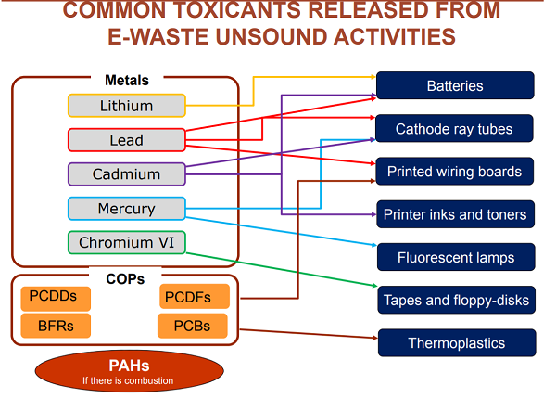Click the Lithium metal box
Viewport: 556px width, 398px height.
click(x=127, y=105)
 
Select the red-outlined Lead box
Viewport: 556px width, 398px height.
click(x=127, y=140)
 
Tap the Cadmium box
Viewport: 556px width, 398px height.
click(x=127, y=173)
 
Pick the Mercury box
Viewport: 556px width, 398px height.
click(x=127, y=208)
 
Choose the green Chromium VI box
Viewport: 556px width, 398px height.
click(x=127, y=243)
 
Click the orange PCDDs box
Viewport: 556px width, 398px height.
click(x=56, y=298)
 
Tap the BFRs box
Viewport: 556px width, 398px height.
click(x=56, y=326)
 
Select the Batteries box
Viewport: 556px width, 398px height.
click(x=455, y=85)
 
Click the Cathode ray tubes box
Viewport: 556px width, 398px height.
click(x=455, y=129)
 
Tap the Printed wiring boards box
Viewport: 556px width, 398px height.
click(x=455, y=172)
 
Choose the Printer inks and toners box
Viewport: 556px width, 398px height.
click(x=455, y=214)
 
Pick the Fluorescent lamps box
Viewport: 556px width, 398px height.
click(x=455, y=257)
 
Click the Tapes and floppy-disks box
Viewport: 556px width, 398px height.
click(x=455, y=300)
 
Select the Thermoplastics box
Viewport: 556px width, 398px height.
click(x=455, y=343)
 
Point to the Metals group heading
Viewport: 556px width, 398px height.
click(x=126, y=81)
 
